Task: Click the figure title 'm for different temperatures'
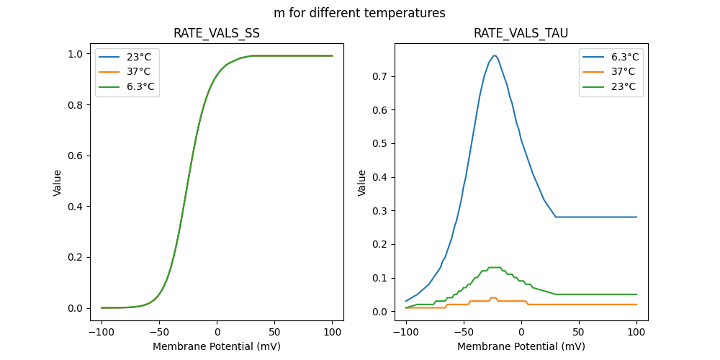[359, 13]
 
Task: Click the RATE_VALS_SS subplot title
[217, 33]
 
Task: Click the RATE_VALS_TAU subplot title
[521, 33]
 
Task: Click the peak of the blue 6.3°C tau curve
[495, 55]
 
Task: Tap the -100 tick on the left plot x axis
[102, 333]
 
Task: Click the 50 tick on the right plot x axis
[579, 333]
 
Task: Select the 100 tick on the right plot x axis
[636, 333]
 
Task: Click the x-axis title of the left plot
[217, 346]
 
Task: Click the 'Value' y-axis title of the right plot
[362, 183]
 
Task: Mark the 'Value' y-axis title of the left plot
[58, 183]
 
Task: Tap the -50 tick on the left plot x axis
[159, 333]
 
